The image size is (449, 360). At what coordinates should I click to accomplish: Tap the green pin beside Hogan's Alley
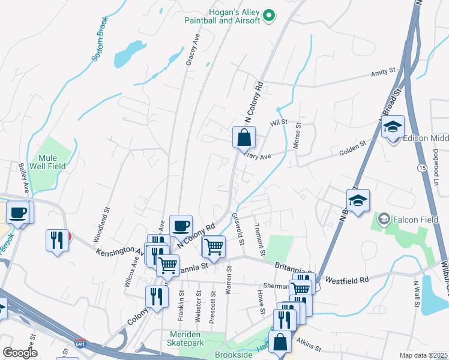point(270,16)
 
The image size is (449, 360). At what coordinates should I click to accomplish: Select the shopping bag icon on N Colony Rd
point(244,137)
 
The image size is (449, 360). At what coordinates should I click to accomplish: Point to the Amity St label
point(383,71)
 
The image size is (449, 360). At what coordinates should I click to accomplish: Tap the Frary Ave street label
point(258,155)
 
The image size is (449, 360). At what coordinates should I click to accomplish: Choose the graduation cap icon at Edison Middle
point(393,128)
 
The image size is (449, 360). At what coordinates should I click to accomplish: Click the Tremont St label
point(259,239)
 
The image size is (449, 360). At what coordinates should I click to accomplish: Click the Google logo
point(19,352)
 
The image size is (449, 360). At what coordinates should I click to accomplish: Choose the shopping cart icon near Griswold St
point(214,247)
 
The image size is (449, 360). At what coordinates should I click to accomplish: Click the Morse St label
point(297,137)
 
